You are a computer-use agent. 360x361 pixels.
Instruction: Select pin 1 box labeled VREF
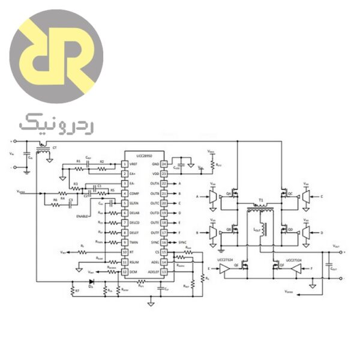click(x=125, y=164)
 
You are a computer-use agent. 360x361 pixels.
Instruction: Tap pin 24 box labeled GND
click(x=163, y=164)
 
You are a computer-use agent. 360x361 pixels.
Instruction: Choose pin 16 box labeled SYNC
click(x=163, y=242)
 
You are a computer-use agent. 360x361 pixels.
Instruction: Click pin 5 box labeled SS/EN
click(x=125, y=204)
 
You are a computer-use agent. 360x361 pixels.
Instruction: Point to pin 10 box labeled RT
click(x=125, y=252)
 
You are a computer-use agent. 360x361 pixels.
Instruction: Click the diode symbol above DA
click(x=91, y=281)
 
